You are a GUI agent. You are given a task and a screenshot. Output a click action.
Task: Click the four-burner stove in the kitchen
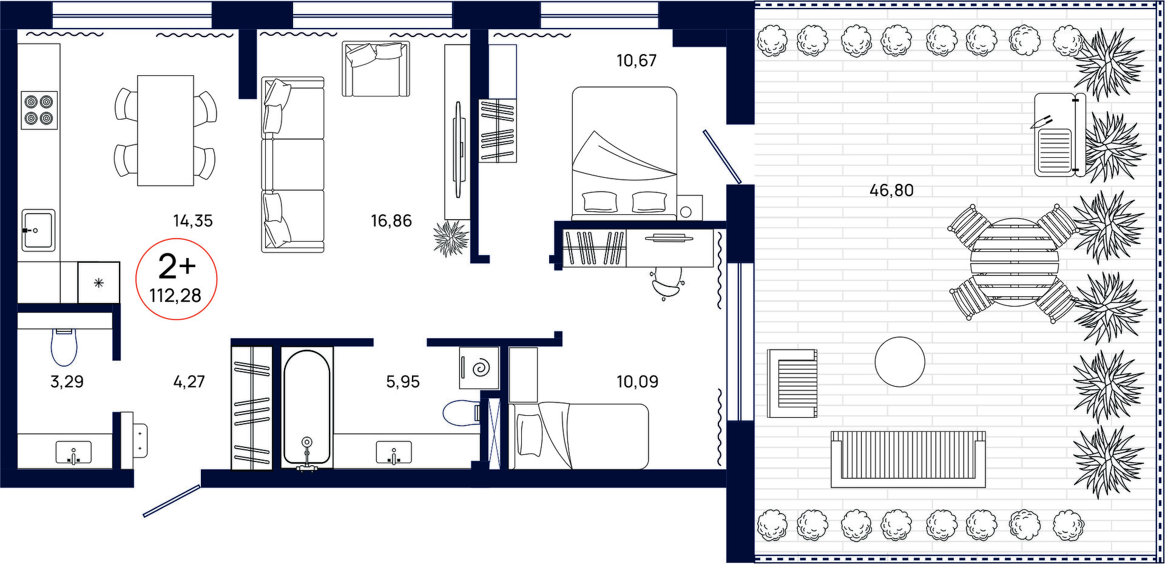[x=39, y=110]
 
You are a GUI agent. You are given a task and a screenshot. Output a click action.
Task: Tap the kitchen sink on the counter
[x=38, y=230]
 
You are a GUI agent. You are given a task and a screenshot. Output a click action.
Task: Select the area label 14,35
[x=193, y=221]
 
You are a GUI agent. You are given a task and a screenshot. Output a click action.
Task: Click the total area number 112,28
[x=175, y=296]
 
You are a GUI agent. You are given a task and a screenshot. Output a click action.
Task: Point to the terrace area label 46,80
[x=891, y=190]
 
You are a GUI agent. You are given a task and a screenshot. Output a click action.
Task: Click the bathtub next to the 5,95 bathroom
[x=307, y=408]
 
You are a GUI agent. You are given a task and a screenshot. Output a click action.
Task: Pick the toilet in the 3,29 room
[x=64, y=347]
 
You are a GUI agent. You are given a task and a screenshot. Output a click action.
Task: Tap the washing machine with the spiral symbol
[x=479, y=367]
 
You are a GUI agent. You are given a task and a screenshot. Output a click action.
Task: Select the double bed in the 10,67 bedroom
[x=624, y=154]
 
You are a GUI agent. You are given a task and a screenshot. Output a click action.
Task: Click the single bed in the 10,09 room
[x=579, y=436]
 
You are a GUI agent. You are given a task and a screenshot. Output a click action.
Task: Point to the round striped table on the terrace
[x=1015, y=262]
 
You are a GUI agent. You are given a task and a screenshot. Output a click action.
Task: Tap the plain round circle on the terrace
[x=900, y=362]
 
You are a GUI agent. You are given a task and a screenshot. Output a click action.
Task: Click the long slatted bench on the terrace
[x=908, y=459]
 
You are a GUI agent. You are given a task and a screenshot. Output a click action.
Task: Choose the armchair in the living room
[x=376, y=69]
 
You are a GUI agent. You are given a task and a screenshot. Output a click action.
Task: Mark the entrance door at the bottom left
[x=172, y=501]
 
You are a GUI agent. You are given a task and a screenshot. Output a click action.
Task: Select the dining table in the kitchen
[x=166, y=131]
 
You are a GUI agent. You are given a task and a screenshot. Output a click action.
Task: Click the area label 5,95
[x=403, y=382]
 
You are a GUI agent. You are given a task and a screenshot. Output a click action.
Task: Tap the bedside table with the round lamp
[x=689, y=208]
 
